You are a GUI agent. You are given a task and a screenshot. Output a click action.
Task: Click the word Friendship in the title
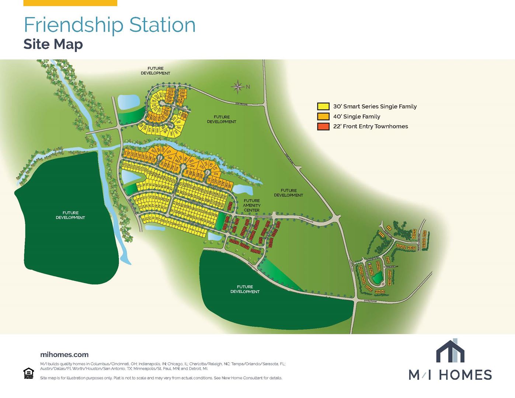pos(74,25)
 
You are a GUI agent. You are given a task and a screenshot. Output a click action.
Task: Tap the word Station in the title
pos(162,25)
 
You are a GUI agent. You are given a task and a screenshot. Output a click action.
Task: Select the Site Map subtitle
pos(53,44)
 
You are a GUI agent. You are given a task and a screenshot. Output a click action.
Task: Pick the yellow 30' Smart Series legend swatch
pos(323,107)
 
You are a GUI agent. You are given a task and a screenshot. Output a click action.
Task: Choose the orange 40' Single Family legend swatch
pos(323,116)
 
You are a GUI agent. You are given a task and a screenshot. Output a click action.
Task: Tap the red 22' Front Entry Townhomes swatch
pos(323,126)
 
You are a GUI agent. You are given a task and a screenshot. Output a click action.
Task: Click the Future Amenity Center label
pos(251,205)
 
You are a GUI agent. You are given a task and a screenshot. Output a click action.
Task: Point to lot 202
pos(171,89)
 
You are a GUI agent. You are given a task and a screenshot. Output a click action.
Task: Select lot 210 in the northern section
pos(154,101)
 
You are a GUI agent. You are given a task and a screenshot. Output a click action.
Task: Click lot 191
pos(179,128)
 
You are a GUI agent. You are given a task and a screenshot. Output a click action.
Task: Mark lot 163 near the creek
pos(169,152)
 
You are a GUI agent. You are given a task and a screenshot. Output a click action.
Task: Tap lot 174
pos(216,174)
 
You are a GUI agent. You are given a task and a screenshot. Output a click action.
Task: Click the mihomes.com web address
pos(64,355)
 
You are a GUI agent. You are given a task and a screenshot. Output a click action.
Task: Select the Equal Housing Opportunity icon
pos(28,373)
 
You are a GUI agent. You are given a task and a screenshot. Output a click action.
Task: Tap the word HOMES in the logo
pos(465,375)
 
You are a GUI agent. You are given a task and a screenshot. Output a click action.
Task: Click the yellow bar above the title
pos(70,3)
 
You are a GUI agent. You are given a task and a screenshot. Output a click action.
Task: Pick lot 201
pos(182,90)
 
